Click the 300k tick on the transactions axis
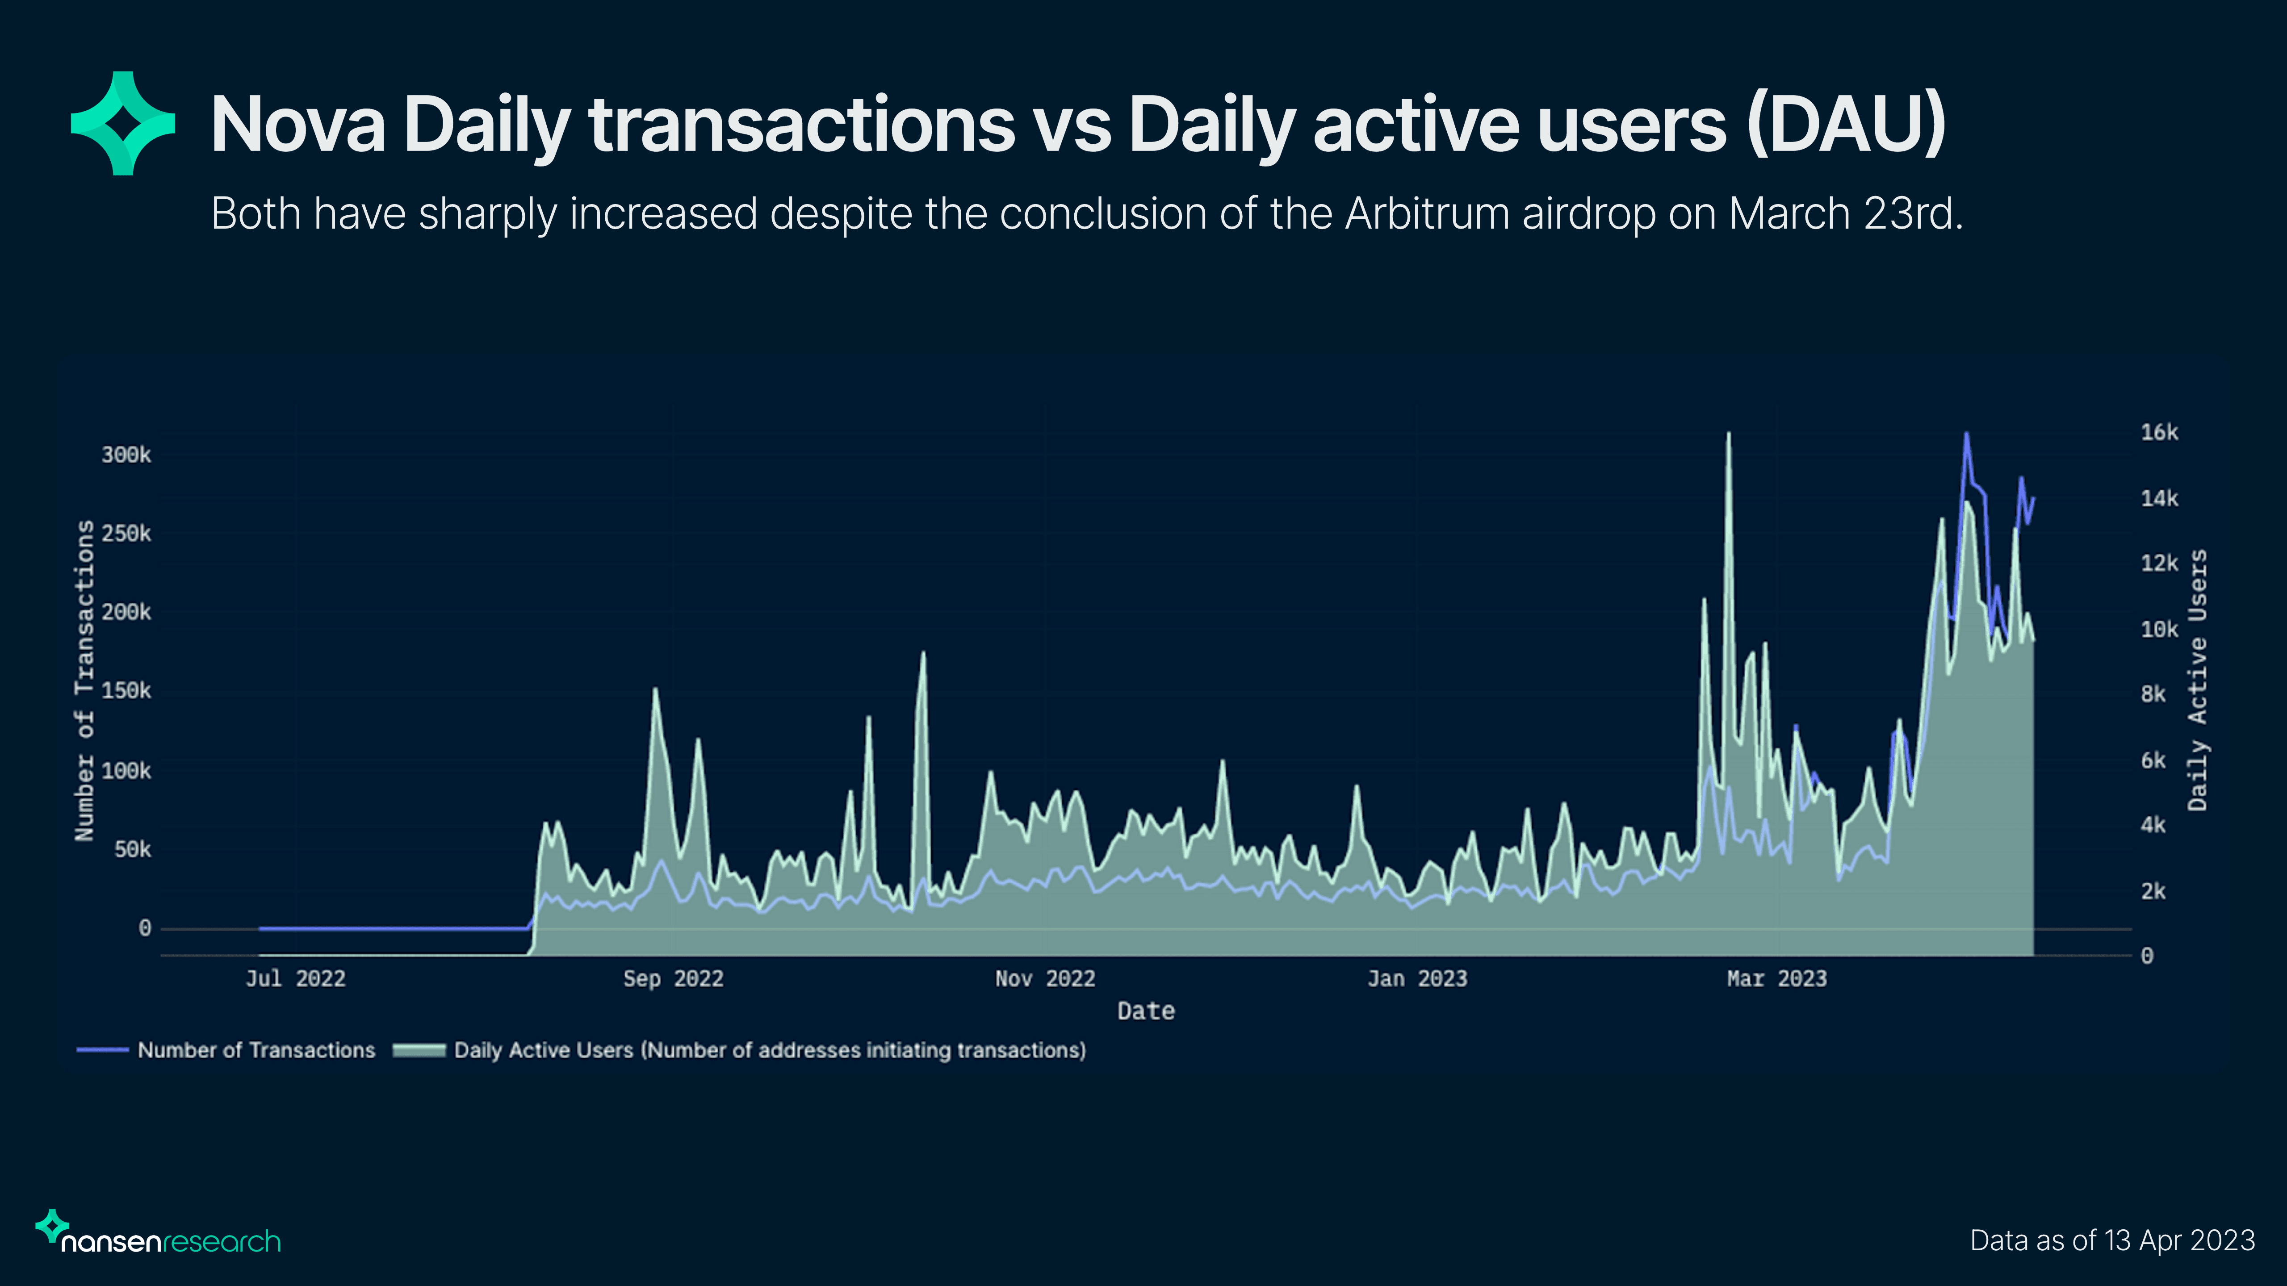pos(126,455)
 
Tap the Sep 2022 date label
pos(673,979)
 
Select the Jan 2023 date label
pos(1417,979)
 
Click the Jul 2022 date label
pos(296,979)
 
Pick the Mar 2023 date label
pos(1776,979)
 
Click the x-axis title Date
pos(1145,1011)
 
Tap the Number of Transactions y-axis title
pos(84,681)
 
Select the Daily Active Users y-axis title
pos(2197,681)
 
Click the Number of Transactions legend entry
pos(256,1050)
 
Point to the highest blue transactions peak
pos(1966,435)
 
